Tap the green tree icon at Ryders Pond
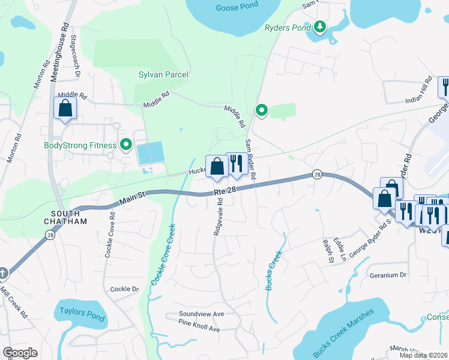click(x=320, y=27)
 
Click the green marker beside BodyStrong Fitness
click(x=125, y=145)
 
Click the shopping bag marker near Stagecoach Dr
click(x=65, y=109)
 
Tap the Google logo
click(x=20, y=353)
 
